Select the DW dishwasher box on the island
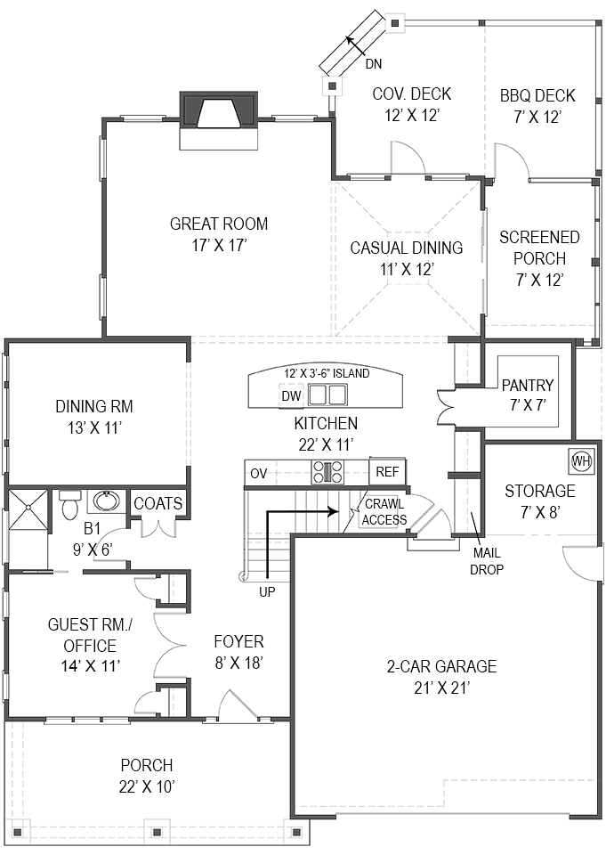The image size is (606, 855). pyautogui.click(x=292, y=395)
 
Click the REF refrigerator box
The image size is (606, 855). pyautogui.click(x=387, y=472)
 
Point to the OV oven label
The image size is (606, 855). pyautogui.click(x=259, y=473)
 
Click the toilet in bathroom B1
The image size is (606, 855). pyautogui.click(x=69, y=505)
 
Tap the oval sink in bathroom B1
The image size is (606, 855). pyautogui.click(x=104, y=501)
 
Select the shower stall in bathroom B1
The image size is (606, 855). pyautogui.click(x=28, y=509)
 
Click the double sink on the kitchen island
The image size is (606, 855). pyautogui.click(x=327, y=395)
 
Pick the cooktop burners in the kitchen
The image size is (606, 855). pyautogui.click(x=327, y=472)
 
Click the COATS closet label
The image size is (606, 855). pyautogui.click(x=158, y=503)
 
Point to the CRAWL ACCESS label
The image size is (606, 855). pyautogui.click(x=384, y=512)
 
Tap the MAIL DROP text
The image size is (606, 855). pyautogui.click(x=487, y=561)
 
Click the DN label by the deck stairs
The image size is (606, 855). pyautogui.click(x=374, y=64)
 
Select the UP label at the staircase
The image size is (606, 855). pyautogui.click(x=267, y=591)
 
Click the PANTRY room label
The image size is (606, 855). pyautogui.click(x=528, y=386)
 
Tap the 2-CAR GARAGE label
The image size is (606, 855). pyautogui.click(x=441, y=666)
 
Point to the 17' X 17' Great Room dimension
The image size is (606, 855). pyautogui.click(x=219, y=246)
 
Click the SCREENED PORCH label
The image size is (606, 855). pyautogui.click(x=539, y=248)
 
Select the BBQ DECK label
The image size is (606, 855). pyautogui.click(x=537, y=96)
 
